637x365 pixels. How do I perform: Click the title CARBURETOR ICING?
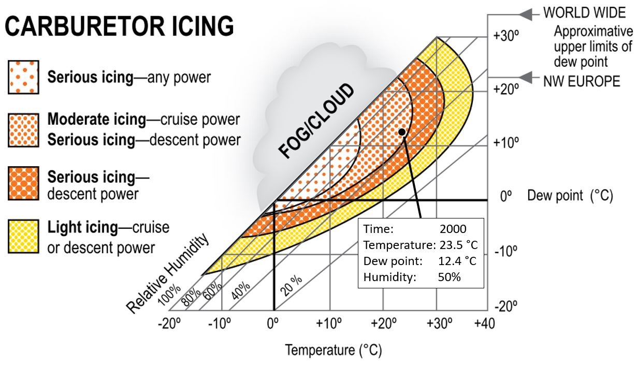pyautogui.click(x=119, y=26)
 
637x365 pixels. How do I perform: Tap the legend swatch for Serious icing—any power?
pyautogui.click(x=23, y=78)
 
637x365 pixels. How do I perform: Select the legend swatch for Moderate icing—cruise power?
pyautogui.click(x=23, y=130)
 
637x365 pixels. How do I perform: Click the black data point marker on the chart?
pyautogui.click(x=402, y=132)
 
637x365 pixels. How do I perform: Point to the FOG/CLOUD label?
pyautogui.click(x=316, y=121)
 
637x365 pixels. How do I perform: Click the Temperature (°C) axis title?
pyautogui.click(x=334, y=351)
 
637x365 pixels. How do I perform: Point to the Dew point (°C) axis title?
pyautogui.click(x=570, y=196)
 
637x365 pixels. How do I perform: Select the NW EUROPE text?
pyautogui.click(x=581, y=81)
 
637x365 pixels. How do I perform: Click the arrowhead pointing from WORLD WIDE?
pyautogui.click(x=526, y=15)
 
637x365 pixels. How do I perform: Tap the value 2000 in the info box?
pyautogui.click(x=453, y=229)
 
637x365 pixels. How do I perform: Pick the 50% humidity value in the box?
pyautogui.click(x=449, y=277)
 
